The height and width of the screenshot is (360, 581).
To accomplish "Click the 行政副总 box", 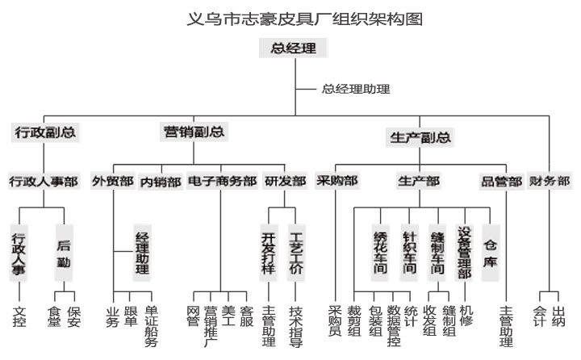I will click(46, 132).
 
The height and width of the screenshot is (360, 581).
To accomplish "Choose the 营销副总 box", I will click(194, 132).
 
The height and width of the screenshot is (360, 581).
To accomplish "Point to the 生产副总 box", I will click(420, 137).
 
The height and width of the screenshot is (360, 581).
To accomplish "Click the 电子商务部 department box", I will click(222, 182).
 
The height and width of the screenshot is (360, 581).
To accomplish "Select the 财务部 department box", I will click(550, 181).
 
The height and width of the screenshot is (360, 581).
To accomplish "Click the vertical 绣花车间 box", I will click(381, 252).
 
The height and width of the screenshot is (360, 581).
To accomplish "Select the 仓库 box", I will click(491, 252).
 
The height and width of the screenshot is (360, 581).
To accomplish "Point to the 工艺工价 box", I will click(295, 253).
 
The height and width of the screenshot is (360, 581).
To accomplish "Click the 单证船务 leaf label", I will click(150, 325).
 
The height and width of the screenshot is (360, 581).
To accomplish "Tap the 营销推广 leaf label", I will click(211, 325).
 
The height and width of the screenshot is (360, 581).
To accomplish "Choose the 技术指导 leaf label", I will click(295, 325).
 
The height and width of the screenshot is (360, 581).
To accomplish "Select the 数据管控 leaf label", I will click(393, 325).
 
